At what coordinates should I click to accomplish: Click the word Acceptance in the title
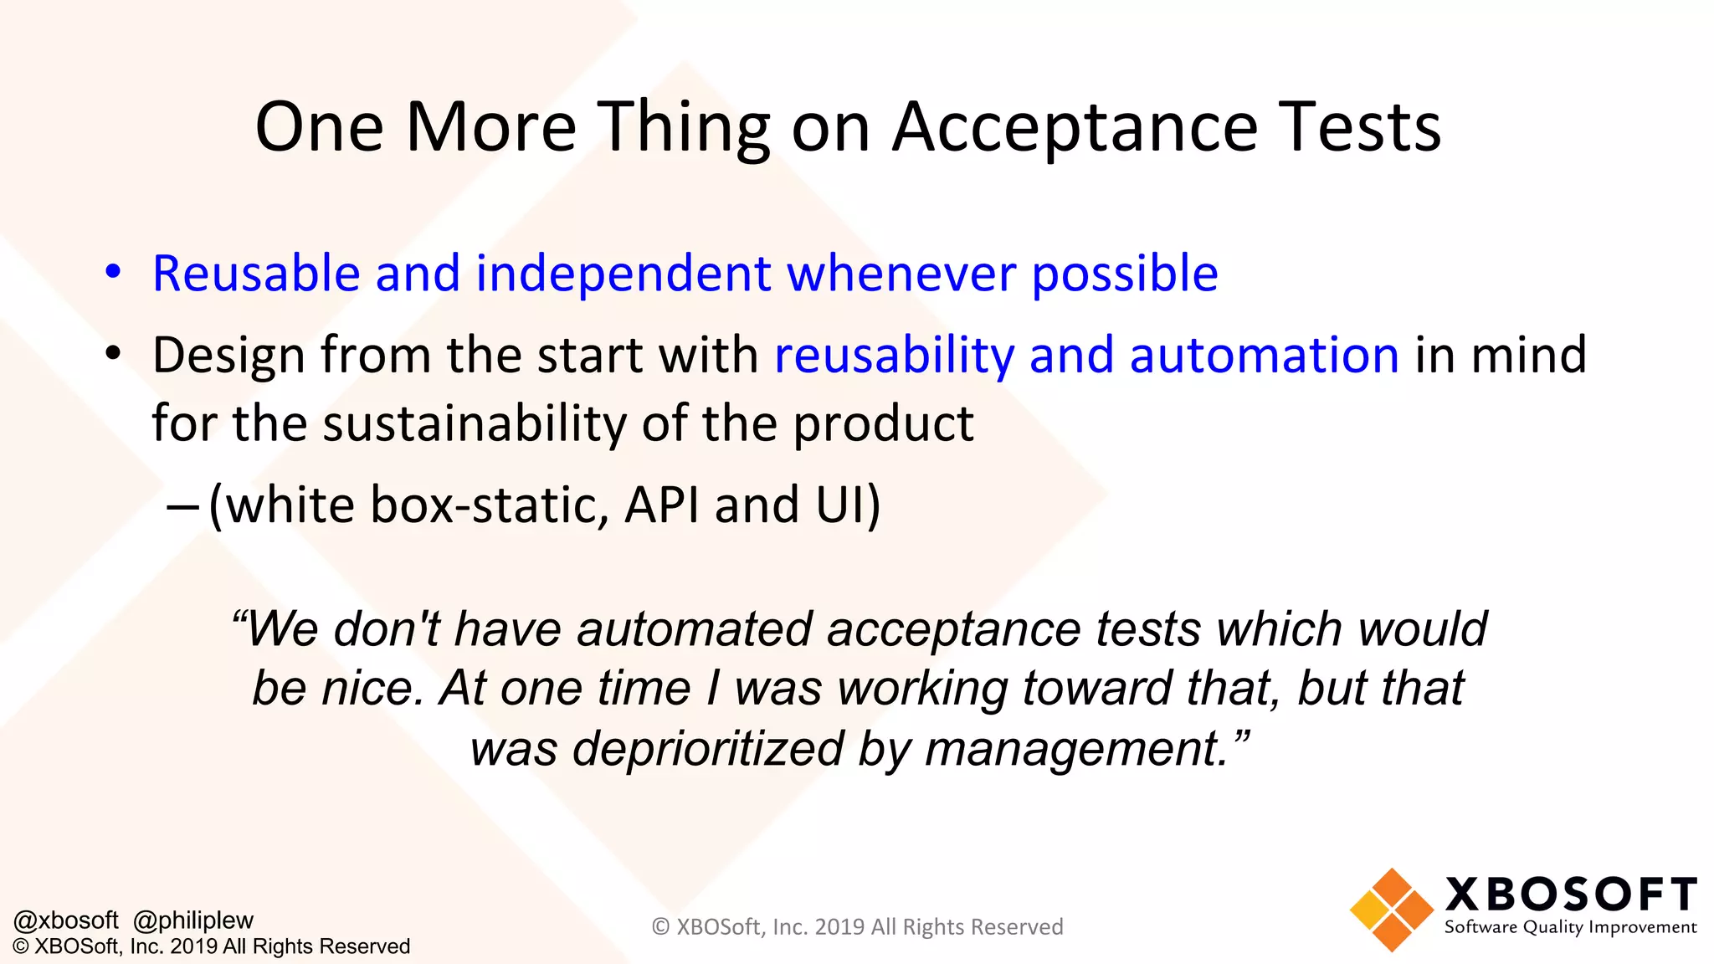pyautogui.click(x=1075, y=127)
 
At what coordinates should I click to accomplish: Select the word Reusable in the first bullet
pyautogui.click(x=256, y=274)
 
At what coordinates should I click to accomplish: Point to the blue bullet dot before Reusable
pyautogui.click(x=113, y=272)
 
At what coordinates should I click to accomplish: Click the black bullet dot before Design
pyautogui.click(x=113, y=354)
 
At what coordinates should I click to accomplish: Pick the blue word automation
pyautogui.click(x=1264, y=355)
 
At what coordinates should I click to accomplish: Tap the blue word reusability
pyautogui.click(x=894, y=355)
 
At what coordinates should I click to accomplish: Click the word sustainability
pyautogui.click(x=474, y=423)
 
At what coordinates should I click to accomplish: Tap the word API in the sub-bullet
pyautogui.click(x=661, y=505)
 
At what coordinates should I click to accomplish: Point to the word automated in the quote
pyautogui.click(x=694, y=629)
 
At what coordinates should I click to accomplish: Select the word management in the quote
pyautogui.click(x=1075, y=748)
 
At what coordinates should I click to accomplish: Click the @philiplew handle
pyautogui.click(x=193, y=920)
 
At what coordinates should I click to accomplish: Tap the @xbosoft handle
pyautogui.click(x=66, y=920)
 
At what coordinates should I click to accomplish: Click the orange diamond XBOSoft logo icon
pyautogui.click(x=1390, y=910)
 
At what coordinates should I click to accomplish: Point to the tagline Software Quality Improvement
pyautogui.click(x=1570, y=927)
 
